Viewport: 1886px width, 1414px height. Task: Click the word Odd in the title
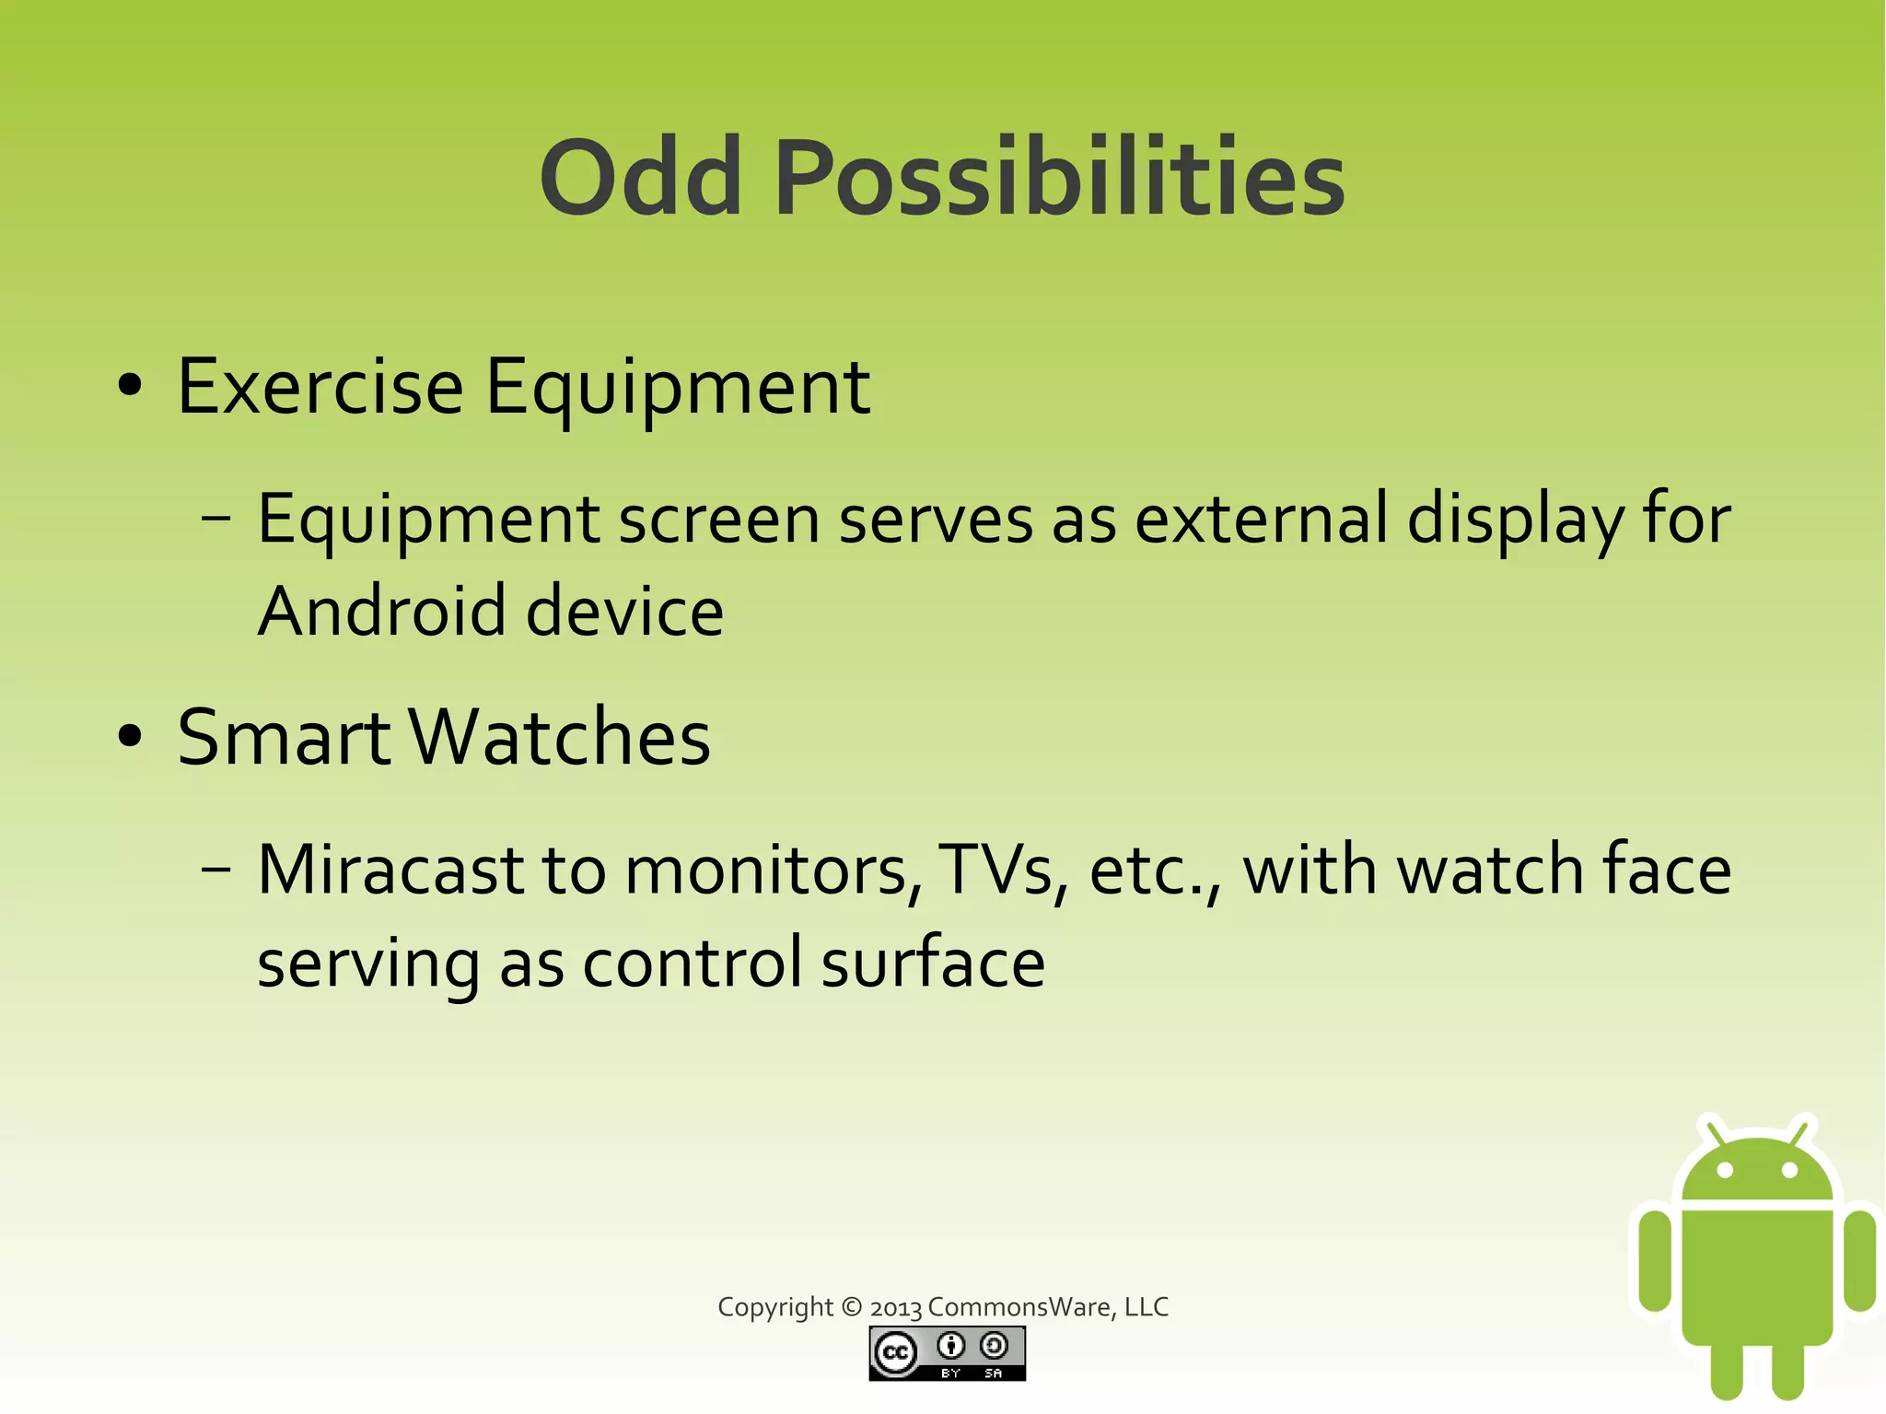coord(640,177)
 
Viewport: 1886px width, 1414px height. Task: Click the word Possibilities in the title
coord(1059,177)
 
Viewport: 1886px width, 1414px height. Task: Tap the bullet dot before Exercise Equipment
coord(131,386)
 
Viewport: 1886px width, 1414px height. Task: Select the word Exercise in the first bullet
coord(320,387)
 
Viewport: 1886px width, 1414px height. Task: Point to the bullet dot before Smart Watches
coord(131,737)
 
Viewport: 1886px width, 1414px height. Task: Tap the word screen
coord(718,520)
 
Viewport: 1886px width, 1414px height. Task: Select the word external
coord(1261,520)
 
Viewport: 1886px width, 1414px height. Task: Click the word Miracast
coord(390,870)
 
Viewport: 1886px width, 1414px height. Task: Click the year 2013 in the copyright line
coord(895,1308)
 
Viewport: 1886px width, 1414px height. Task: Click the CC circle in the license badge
coord(895,1352)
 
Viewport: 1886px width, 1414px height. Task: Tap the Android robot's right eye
coord(1789,1171)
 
